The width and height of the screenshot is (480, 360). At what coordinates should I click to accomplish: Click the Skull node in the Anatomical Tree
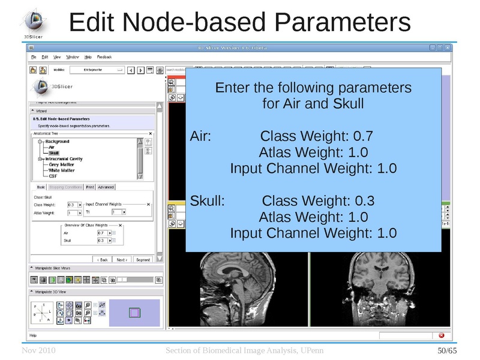click(54, 153)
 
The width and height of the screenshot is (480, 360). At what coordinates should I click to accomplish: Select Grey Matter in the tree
click(62, 164)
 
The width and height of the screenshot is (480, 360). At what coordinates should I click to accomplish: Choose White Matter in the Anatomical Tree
click(62, 170)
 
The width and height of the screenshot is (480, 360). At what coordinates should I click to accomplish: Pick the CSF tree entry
click(53, 176)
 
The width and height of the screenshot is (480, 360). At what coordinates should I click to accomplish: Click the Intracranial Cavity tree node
click(64, 159)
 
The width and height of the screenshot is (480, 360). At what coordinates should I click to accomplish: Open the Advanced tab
click(106, 187)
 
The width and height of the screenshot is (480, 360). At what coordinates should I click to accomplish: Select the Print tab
click(90, 187)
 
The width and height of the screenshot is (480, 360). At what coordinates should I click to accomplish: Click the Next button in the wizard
click(122, 260)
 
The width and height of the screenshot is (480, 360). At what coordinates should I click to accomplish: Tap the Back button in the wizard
click(103, 260)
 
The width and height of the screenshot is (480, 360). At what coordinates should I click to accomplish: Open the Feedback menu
click(104, 57)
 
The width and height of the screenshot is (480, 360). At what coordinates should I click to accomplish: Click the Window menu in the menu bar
click(72, 57)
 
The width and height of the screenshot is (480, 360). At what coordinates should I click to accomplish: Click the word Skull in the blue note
click(206, 200)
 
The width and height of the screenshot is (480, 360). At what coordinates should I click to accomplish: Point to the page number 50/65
click(447, 350)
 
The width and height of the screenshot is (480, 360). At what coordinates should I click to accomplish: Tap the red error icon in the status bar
click(442, 335)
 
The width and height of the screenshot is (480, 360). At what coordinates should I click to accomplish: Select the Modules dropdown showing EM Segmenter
click(103, 70)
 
